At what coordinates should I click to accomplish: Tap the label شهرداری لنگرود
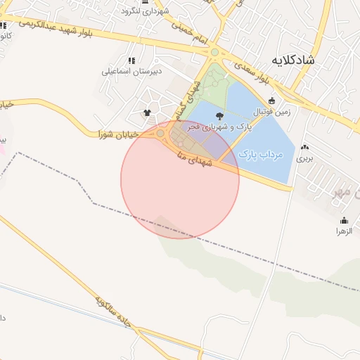tap(146, 11)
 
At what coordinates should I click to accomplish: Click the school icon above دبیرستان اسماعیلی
tap(132, 60)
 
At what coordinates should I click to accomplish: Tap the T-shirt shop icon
tap(147, 112)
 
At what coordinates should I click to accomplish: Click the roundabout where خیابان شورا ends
tap(160, 133)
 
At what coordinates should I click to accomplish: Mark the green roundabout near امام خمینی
tap(214, 51)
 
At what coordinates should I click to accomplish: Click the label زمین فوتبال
tap(272, 111)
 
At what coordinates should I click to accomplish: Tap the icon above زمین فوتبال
tap(272, 101)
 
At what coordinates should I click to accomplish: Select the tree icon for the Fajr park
tap(219, 115)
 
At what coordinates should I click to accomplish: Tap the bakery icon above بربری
tap(304, 148)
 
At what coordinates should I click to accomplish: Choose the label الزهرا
tap(344, 231)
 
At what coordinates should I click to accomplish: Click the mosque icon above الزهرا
tap(344, 220)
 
